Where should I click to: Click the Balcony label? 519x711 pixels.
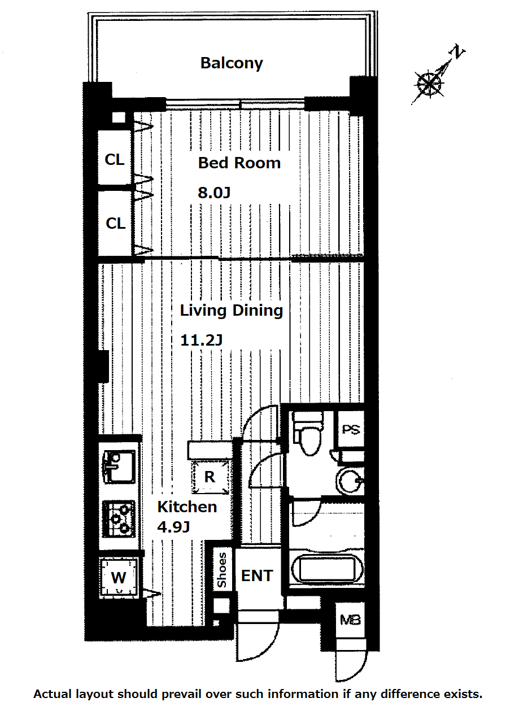click(x=232, y=63)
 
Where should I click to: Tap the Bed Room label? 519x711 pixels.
click(x=239, y=163)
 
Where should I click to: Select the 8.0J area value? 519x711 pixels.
click(x=214, y=193)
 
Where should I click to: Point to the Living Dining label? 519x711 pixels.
click(x=232, y=311)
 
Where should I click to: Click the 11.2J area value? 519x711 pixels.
click(x=201, y=340)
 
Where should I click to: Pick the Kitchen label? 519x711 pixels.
click(x=187, y=507)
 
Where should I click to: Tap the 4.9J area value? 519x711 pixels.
click(x=173, y=527)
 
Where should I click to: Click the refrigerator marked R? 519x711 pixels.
click(x=210, y=477)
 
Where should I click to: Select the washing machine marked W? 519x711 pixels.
click(x=119, y=577)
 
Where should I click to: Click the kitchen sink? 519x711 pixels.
click(x=119, y=466)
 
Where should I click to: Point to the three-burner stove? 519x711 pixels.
click(x=119, y=519)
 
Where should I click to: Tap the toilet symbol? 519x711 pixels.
click(x=307, y=433)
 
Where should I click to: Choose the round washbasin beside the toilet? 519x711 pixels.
click(x=350, y=481)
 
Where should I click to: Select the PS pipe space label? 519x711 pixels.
click(x=351, y=430)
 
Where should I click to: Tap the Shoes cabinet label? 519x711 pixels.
click(x=221, y=570)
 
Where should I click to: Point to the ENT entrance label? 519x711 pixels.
click(x=257, y=576)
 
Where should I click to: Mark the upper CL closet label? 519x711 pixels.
click(x=115, y=160)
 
